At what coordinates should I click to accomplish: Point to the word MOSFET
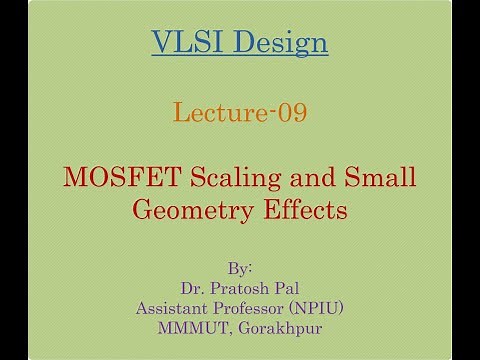pos(118,179)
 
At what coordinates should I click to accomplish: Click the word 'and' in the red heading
pos(314,179)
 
